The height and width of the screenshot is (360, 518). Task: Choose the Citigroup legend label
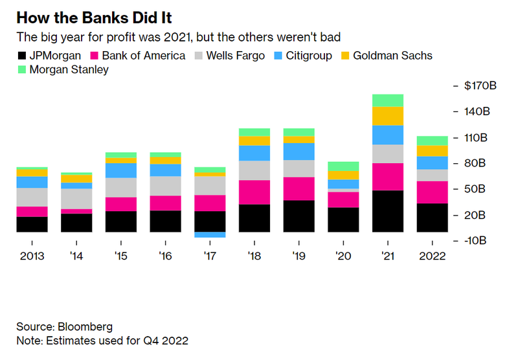(x=306, y=56)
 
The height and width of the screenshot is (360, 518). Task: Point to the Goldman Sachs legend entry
(x=394, y=56)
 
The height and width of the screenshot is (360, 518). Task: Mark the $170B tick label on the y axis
(x=479, y=86)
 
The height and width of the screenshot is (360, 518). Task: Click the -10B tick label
(x=478, y=241)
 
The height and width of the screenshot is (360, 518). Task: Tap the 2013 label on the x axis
(x=32, y=256)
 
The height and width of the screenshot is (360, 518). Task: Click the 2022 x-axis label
(x=433, y=256)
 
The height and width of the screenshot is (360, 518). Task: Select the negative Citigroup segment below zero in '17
(x=210, y=235)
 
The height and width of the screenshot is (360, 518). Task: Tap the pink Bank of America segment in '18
(x=254, y=192)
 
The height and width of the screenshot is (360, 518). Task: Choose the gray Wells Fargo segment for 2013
(x=32, y=197)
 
